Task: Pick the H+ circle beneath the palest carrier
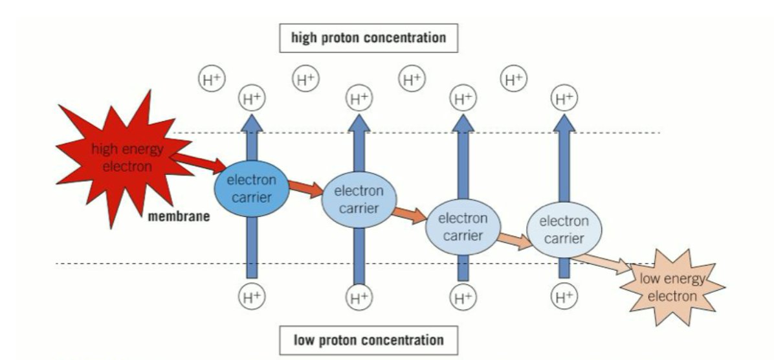(562, 297)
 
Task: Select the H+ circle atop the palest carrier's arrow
(562, 100)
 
